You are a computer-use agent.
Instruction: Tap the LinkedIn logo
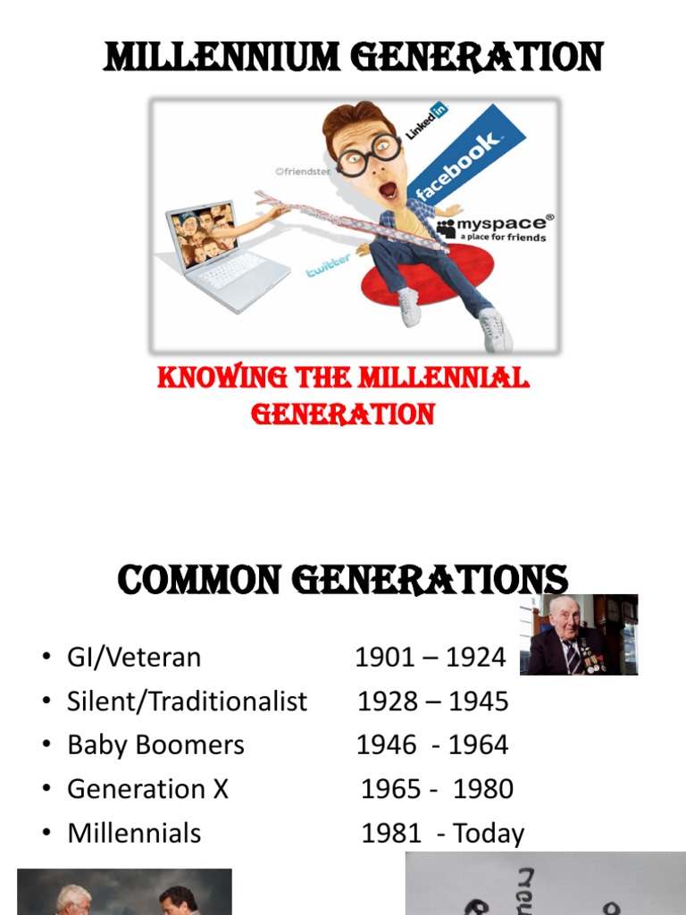pyautogui.click(x=427, y=121)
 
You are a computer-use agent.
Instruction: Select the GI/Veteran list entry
pyautogui.click(x=134, y=658)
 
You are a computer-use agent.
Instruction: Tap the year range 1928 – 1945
pyautogui.click(x=432, y=701)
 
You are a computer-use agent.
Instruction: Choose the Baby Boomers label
pyautogui.click(x=155, y=745)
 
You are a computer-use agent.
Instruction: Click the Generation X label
pyautogui.click(x=148, y=789)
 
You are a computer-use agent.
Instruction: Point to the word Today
pyautogui.click(x=489, y=834)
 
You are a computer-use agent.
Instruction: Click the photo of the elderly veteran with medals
pyautogui.click(x=579, y=634)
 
